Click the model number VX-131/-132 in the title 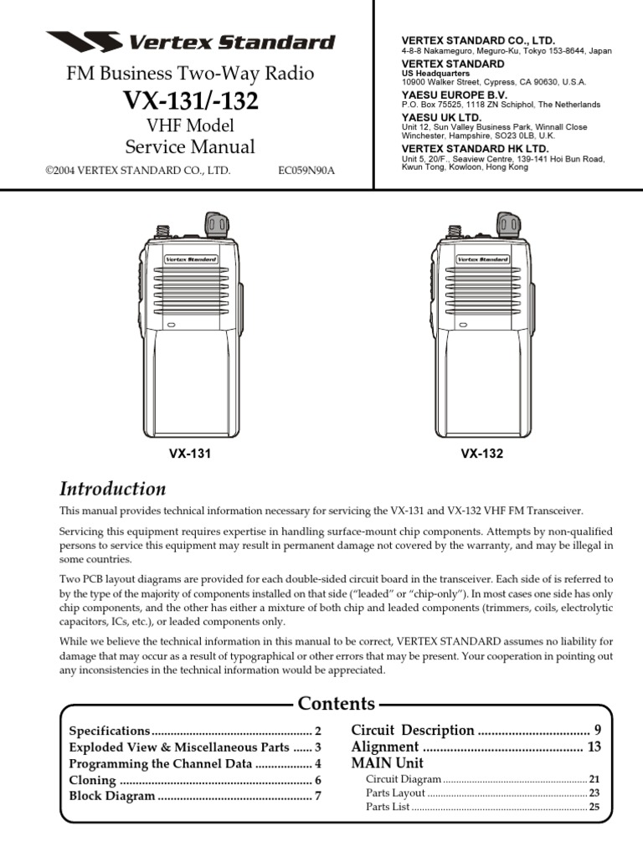click(x=191, y=101)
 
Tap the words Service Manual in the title click(x=190, y=147)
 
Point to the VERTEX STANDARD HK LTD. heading click(x=466, y=149)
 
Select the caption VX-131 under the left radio click(x=190, y=454)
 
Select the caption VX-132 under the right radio click(x=481, y=454)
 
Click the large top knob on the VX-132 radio click(x=508, y=223)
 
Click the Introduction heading click(x=112, y=489)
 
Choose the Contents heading click(x=337, y=703)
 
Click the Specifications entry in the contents click(x=109, y=731)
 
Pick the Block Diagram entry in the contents click(x=111, y=796)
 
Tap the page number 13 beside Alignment click(x=594, y=747)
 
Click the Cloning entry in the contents click(x=92, y=780)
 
